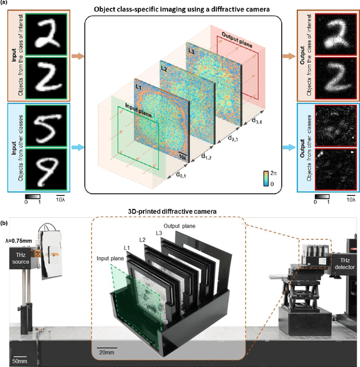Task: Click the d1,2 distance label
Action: point(207,159)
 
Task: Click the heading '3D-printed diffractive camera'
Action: point(179,211)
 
